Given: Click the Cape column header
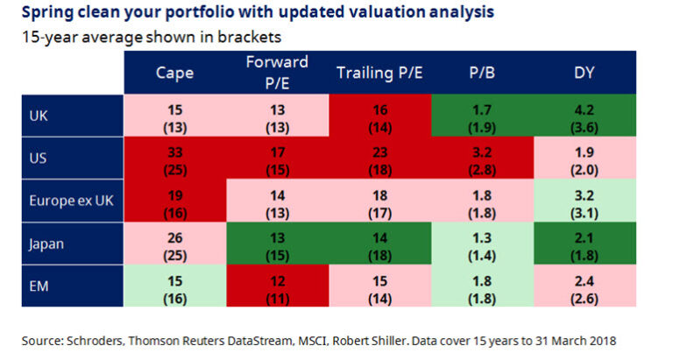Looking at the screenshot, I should coord(175,73).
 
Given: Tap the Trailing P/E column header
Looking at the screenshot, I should coord(379,73).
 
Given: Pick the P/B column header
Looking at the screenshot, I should coord(484,73).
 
